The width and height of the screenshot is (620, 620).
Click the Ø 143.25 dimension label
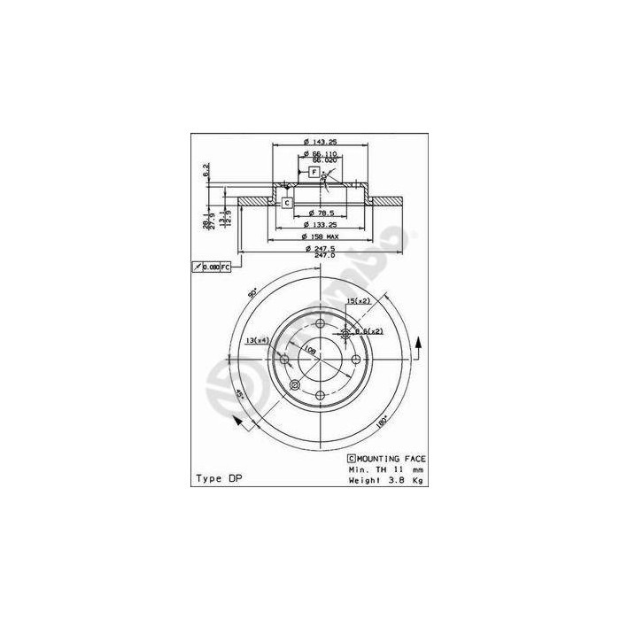point(320,141)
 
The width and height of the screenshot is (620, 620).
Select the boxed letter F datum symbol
point(314,170)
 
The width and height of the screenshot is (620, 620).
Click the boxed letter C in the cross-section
point(287,203)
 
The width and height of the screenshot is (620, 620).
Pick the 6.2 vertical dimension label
point(206,168)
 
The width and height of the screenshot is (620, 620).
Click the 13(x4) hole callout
point(257,340)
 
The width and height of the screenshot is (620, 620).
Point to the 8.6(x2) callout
point(368,331)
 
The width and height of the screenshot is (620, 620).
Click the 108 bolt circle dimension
point(310,350)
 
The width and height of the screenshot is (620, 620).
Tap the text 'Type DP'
point(217,478)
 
